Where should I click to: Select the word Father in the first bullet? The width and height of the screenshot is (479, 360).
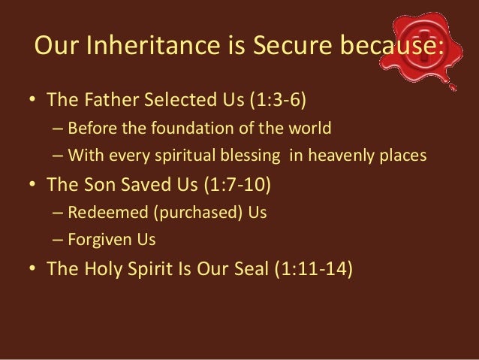(x=105, y=100)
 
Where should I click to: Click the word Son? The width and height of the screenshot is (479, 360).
(x=95, y=185)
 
